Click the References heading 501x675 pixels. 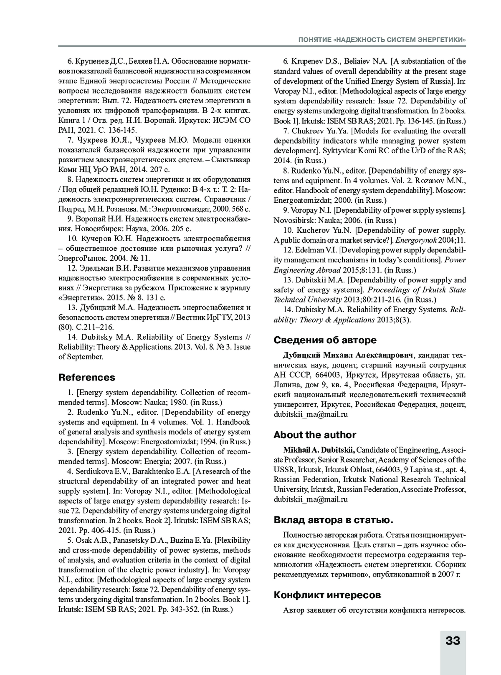point(86,378)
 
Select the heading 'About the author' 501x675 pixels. point(315,435)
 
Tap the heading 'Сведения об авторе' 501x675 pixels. point(325,340)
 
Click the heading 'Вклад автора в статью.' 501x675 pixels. point(333,520)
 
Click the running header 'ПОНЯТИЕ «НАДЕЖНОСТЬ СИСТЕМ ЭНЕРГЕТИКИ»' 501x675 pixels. point(382,40)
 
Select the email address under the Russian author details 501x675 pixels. point(311,415)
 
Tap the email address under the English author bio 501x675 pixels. point(311,499)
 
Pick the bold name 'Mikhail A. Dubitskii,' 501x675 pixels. point(319,450)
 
